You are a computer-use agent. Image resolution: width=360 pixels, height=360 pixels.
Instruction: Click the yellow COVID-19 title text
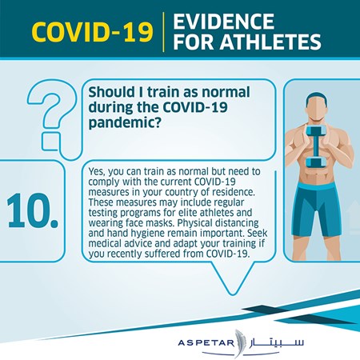[x=92, y=32]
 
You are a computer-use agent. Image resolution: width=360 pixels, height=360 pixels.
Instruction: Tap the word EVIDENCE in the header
[x=223, y=21]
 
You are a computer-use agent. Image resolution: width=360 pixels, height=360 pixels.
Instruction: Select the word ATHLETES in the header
[x=270, y=42]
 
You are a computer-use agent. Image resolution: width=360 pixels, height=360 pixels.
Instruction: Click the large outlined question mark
[x=48, y=118]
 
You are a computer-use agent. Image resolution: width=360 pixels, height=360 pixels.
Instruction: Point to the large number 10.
[x=32, y=210]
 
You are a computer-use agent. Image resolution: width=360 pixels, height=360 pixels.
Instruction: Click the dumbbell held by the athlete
[x=316, y=146]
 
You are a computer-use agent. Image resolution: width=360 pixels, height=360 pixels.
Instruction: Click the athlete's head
[x=317, y=107]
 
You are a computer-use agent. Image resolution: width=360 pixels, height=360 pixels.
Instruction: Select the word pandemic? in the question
[x=125, y=123]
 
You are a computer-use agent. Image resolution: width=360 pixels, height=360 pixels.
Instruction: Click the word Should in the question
[x=112, y=92]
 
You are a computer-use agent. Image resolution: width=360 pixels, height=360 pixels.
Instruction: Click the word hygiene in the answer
[x=147, y=234]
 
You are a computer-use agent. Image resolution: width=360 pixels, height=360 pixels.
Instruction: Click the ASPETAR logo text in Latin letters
[x=206, y=342]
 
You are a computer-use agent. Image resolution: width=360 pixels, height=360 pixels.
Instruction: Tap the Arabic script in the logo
[x=278, y=342]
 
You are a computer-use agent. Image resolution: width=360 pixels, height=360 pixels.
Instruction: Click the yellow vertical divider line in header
[x=163, y=32]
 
